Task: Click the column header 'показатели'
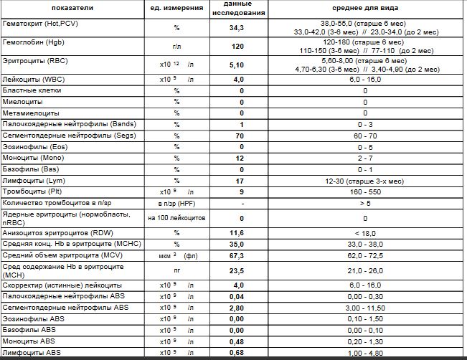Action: pos(70,9)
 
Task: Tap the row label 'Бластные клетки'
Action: pos(32,91)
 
